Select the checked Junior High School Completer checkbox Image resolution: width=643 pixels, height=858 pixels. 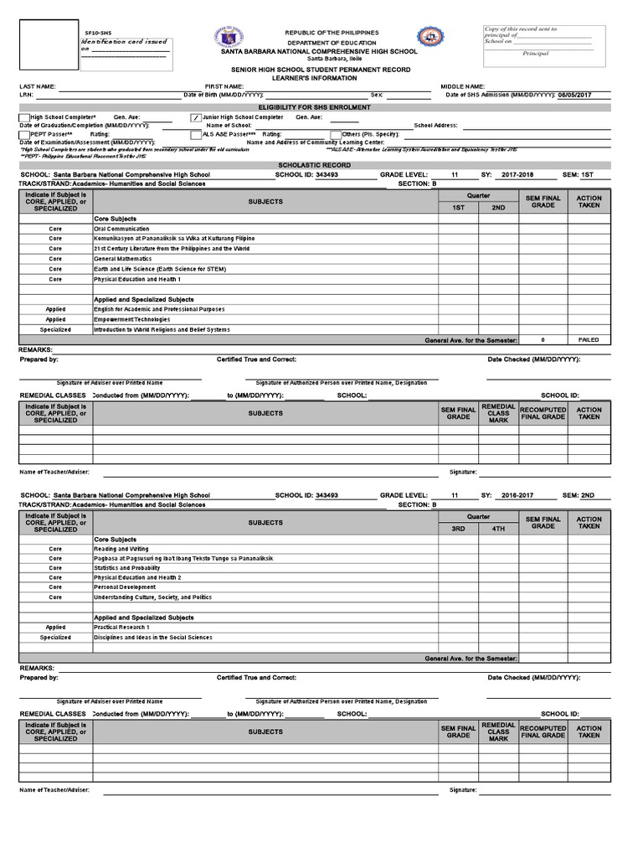click(x=196, y=117)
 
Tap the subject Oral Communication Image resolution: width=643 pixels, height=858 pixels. click(x=121, y=229)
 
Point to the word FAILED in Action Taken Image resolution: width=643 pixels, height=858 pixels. click(x=589, y=340)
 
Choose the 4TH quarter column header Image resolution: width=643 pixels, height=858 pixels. click(x=498, y=529)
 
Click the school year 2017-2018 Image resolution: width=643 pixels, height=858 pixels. click(x=519, y=174)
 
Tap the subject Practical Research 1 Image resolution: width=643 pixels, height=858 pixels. click(x=121, y=627)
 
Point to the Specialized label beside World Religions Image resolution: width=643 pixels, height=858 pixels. click(x=55, y=329)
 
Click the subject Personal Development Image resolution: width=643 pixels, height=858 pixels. click(x=125, y=587)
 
